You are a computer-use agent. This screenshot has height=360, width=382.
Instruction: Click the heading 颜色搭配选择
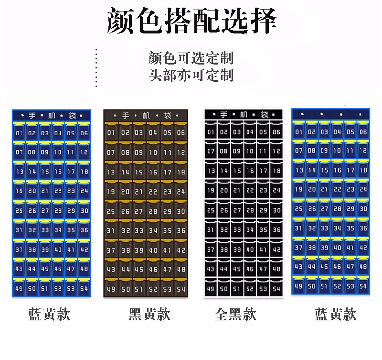[x=192, y=21]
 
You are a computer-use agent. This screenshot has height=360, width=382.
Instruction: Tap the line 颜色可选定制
[x=191, y=58]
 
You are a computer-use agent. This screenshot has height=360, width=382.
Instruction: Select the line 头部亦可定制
[x=191, y=75]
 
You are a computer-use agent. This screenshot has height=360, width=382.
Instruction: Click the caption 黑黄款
[x=149, y=314]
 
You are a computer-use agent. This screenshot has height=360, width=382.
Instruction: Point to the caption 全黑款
[x=235, y=314]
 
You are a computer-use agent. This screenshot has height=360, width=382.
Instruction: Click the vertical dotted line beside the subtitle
[x=96, y=68]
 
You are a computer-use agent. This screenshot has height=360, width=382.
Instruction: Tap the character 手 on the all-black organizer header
[x=223, y=114]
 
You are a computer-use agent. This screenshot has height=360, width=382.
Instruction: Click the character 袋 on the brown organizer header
[x=168, y=115]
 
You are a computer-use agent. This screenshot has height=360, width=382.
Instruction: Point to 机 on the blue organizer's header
[x=52, y=115]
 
